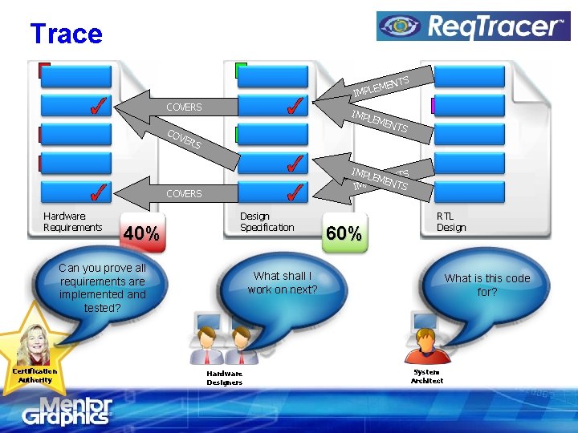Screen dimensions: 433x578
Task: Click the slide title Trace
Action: point(66,34)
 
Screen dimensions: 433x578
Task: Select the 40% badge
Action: point(141,233)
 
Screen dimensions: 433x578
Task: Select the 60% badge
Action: point(344,233)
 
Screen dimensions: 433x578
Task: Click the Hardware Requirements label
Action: point(73,221)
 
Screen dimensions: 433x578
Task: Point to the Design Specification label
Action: point(267,221)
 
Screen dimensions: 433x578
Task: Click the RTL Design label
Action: point(451,221)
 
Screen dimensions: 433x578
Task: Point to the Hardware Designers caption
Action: point(224,378)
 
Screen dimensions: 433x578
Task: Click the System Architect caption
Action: point(426,376)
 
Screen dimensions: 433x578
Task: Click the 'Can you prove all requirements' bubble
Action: point(102,287)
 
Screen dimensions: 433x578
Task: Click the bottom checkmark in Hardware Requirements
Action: point(96,192)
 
